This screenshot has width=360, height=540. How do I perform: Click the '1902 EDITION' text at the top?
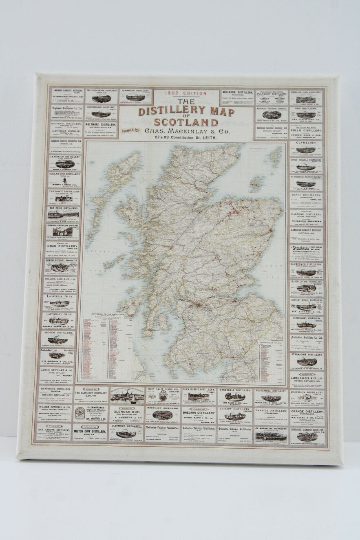coord(186,93)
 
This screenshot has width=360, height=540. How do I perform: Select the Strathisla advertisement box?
coord(307,253)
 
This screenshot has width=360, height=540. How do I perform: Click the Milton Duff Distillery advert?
coord(90,433)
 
